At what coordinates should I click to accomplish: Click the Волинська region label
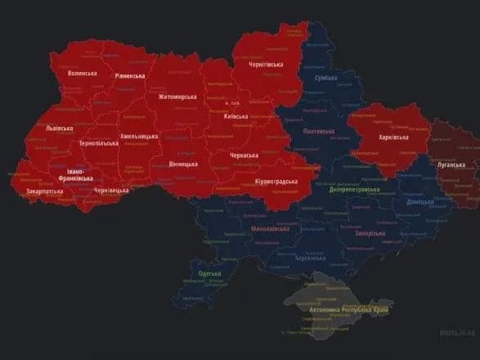pos(82,73)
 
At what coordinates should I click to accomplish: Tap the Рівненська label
pos(129,76)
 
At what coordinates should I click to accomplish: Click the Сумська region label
pos(327,78)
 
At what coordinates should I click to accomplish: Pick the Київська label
pos(241,116)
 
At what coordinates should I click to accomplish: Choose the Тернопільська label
pos(99,143)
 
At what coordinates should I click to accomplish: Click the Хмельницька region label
pos(140,137)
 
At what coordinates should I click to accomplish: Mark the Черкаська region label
pos(244,155)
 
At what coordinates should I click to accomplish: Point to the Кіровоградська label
pos(276,181)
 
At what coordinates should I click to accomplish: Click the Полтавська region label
pos(319,131)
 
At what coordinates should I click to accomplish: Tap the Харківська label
pos(393,137)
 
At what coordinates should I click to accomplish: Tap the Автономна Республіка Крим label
pos(349,310)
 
